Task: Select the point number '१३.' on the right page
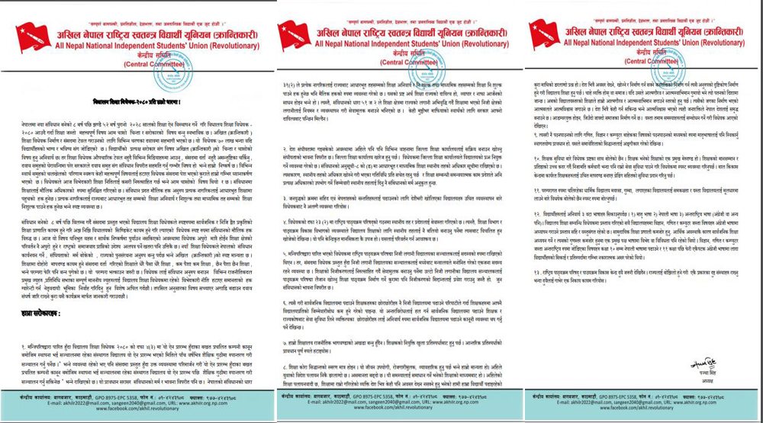tap(522, 274)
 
